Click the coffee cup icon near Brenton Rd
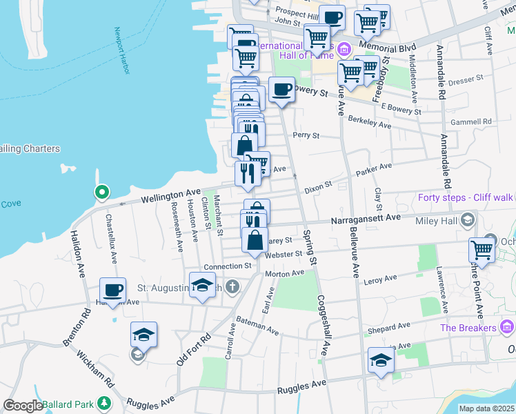[x=113, y=290]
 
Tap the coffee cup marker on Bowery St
[x=281, y=89]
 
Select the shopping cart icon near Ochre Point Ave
[x=481, y=250]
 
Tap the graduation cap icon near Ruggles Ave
[x=381, y=360]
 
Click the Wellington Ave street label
[x=170, y=197]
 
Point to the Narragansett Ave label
[x=366, y=218]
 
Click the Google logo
[x=23, y=406]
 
